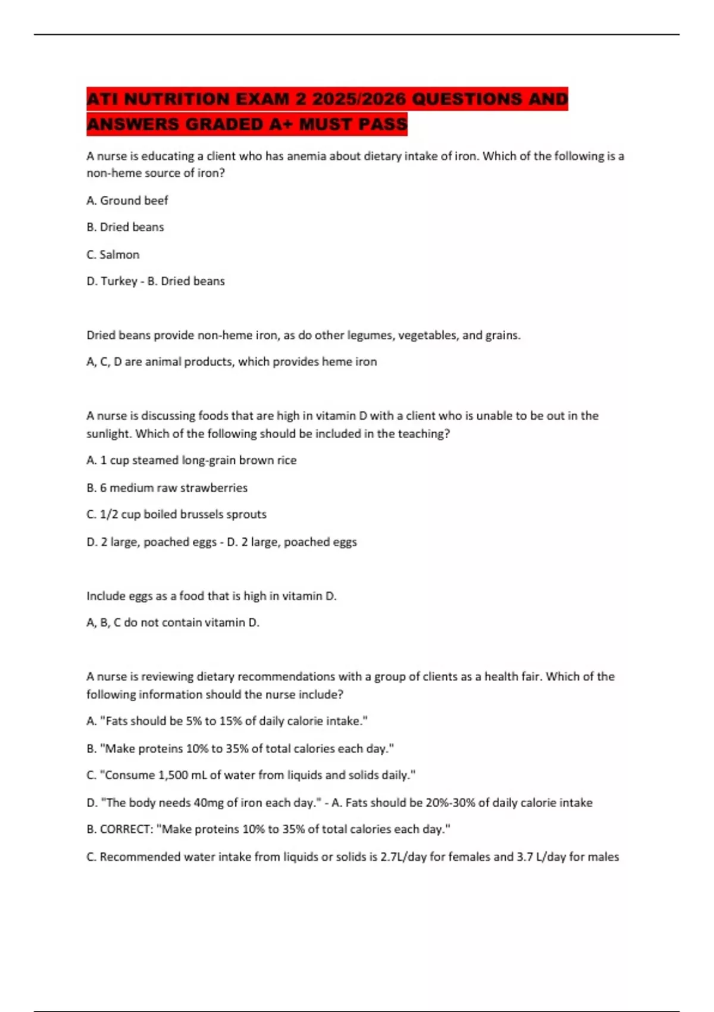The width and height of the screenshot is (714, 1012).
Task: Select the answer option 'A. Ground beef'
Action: pyautogui.click(x=127, y=201)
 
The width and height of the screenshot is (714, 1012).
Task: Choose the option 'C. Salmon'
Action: pyautogui.click(x=113, y=255)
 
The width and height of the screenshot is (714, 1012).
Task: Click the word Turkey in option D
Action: pyautogui.click(x=119, y=281)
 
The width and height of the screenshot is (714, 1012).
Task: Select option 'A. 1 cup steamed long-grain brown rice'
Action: pyautogui.click(x=192, y=460)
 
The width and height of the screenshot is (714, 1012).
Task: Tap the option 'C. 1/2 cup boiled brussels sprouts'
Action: pyautogui.click(x=177, y=514)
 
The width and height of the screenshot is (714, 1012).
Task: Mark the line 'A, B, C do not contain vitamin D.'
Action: pyautogui.click(x=173, y=623)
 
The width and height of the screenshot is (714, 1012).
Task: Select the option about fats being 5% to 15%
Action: pyautogui.click(x=227, y=721)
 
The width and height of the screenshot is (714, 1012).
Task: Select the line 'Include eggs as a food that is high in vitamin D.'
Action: pyautogui.click(x=212, y=596)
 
